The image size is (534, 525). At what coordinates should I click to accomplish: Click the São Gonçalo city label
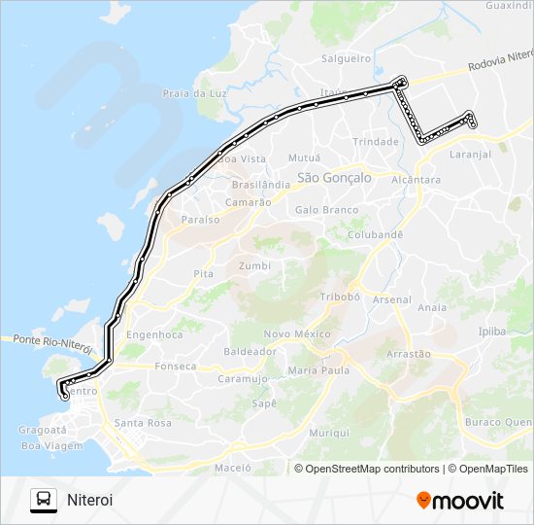(334, 178)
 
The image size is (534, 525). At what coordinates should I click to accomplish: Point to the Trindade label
(375, 142)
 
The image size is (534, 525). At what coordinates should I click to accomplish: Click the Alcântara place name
(416, 180)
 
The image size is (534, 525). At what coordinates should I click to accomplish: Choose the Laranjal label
(472, 154)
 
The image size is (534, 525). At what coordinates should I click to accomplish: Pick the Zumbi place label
(254, 264)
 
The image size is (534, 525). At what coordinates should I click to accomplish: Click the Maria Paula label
(318, 370)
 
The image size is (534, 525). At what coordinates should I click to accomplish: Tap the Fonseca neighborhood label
(175, 367)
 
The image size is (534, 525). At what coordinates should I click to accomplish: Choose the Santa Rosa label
(143, 423)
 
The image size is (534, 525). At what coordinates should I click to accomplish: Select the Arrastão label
(408, 354)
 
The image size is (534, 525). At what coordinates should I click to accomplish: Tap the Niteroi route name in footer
(90, 501)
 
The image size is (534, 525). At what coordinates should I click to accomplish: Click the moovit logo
(460, 501)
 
